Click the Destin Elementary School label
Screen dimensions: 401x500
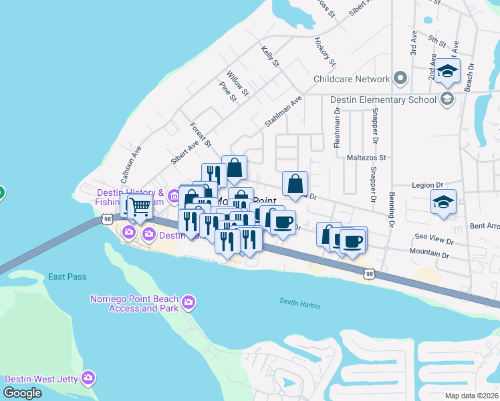click(383, 100)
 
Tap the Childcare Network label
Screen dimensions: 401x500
click(352, 79)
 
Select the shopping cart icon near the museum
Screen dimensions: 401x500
click(139, 207)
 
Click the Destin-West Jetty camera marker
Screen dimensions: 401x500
click(88, 378)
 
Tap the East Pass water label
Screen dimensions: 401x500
click(66, 277)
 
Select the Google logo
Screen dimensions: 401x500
click(23, 393)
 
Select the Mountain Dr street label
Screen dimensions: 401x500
click(430, 254)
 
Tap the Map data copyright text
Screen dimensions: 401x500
click(471, 395)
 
